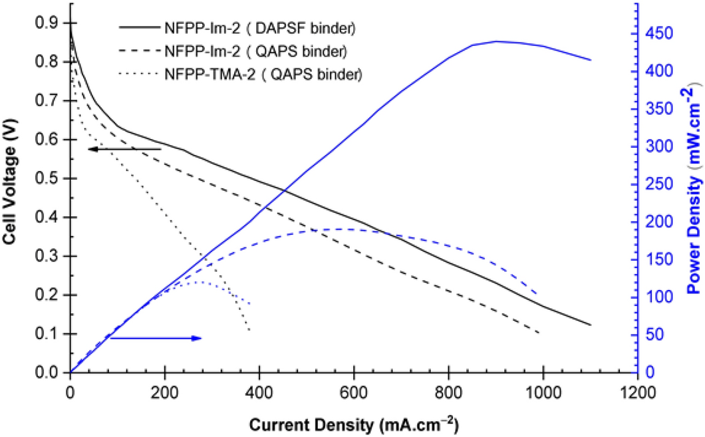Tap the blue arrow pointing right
[155, 339]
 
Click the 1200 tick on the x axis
[638, 389]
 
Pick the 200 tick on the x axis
[164, 389]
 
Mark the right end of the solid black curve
[591, 325]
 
